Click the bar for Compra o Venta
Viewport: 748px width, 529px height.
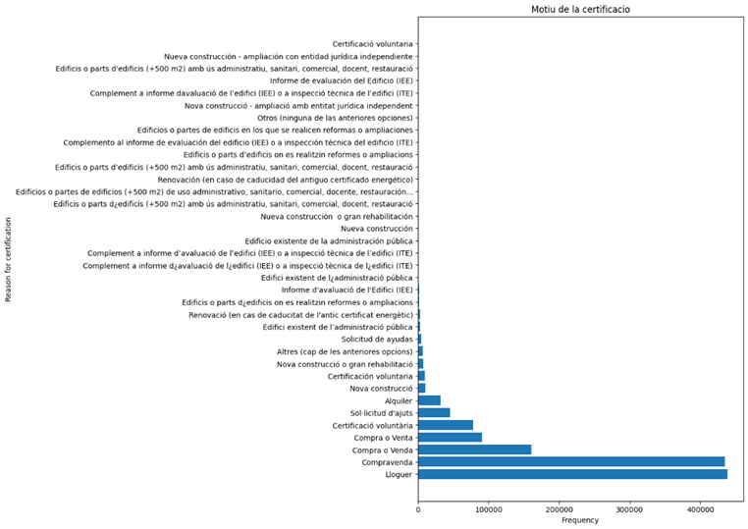pyautogui.click(x=451, y=437)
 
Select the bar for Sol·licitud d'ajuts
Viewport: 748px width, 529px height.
pyautogui.click(x=434, y=412)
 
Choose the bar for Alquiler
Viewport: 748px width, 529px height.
pyautogui.click(x=430, y=400)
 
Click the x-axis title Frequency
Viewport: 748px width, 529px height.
pyautogui.click(x=579, y=520)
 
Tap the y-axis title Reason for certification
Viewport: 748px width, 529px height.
pyautogui.click(x=9, y=259)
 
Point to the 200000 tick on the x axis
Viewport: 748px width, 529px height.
pyautogui.click(x=560, y=507)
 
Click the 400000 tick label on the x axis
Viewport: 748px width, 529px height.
pyautogui.click(x=700, y=507)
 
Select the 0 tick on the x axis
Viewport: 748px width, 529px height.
pyautogui.click(x=419, y=507)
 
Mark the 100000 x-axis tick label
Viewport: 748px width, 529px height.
pyautogui.click(x=489, y=507)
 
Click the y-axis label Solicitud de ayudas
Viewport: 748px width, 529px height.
pyautogui.click(x=369, y=339)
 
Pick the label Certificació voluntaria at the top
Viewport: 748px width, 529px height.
pyautogui.click(x=373, y=44)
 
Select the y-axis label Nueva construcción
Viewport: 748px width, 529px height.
pyautogui.click(x=370, y=228)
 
